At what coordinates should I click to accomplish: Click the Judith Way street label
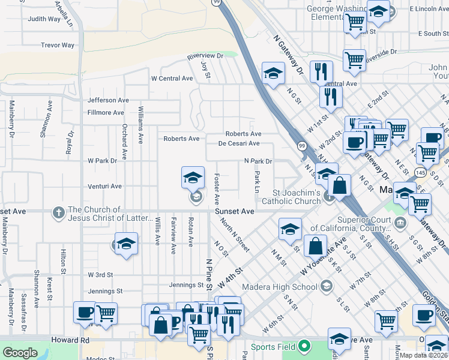tap(44, 19)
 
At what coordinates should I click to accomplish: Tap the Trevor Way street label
tap(58, 45)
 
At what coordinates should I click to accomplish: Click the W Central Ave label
tap(172, 79)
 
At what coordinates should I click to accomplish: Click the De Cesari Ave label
tap(238, 143)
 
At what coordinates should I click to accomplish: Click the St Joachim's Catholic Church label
tap(297, 197)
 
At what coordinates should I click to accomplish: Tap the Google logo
tap(20, 353)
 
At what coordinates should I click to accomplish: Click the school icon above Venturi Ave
tap(193, 178)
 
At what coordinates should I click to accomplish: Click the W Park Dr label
tap(102, 161)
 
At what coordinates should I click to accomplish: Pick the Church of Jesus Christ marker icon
tap(58, 212)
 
